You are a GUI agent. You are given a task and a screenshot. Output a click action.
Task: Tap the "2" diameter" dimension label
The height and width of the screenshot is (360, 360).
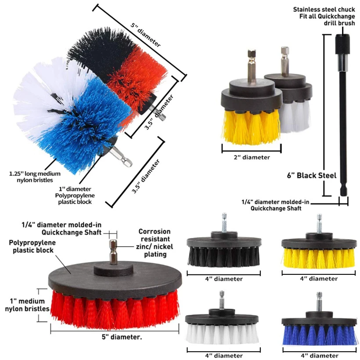[252, 157]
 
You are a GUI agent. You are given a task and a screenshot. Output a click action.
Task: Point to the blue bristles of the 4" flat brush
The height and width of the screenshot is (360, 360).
[318, 335]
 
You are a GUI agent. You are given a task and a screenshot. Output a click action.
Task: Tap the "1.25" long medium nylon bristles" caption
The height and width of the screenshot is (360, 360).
[35, 176]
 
